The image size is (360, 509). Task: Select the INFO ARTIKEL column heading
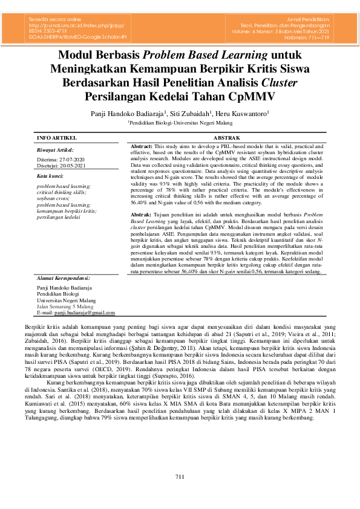click(57, 138)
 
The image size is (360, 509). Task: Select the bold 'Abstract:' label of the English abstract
click(142, 147)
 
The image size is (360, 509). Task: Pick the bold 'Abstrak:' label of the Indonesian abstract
click(141, 215)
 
